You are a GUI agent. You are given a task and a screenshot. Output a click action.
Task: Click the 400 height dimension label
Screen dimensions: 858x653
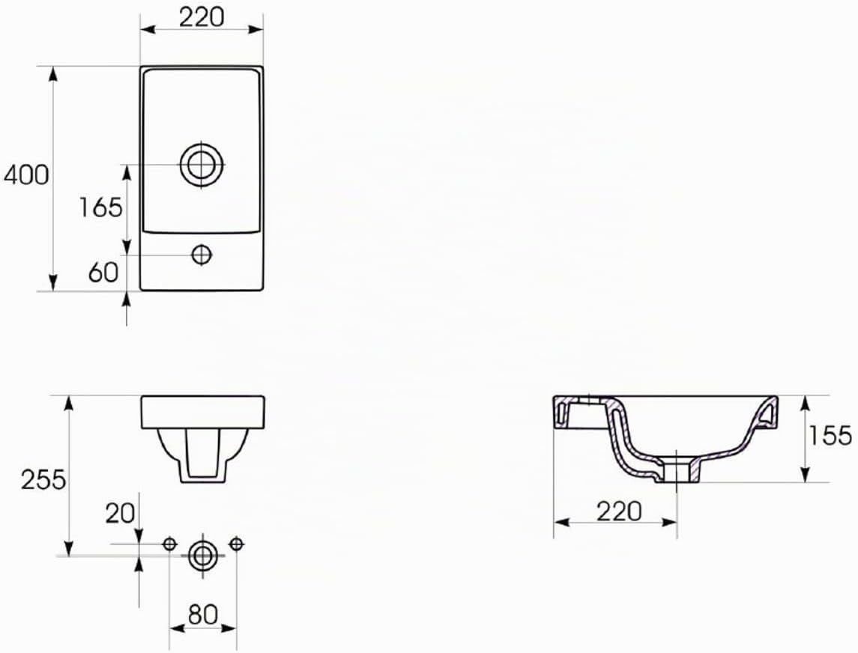[x=26, y=174]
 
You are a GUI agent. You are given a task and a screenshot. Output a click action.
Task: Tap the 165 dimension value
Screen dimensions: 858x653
[x=100, y=207]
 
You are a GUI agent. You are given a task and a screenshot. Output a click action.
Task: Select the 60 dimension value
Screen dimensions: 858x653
[x=103, y=272]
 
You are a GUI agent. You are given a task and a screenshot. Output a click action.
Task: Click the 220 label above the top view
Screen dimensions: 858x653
[x=202, y=17]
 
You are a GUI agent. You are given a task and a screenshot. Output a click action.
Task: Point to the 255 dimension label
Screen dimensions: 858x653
[x=43, y=479]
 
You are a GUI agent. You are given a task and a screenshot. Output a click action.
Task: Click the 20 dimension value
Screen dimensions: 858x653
[x=120, y=513]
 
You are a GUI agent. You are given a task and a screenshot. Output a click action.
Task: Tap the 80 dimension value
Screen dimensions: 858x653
[x=203, y=614]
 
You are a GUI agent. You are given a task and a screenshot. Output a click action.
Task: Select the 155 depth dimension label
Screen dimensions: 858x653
[x=830, y=435]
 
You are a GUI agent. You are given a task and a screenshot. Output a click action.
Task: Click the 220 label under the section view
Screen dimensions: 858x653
[x=619, y=511]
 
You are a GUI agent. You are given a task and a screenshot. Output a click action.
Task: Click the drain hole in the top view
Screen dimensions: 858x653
[x=202, y=164]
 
